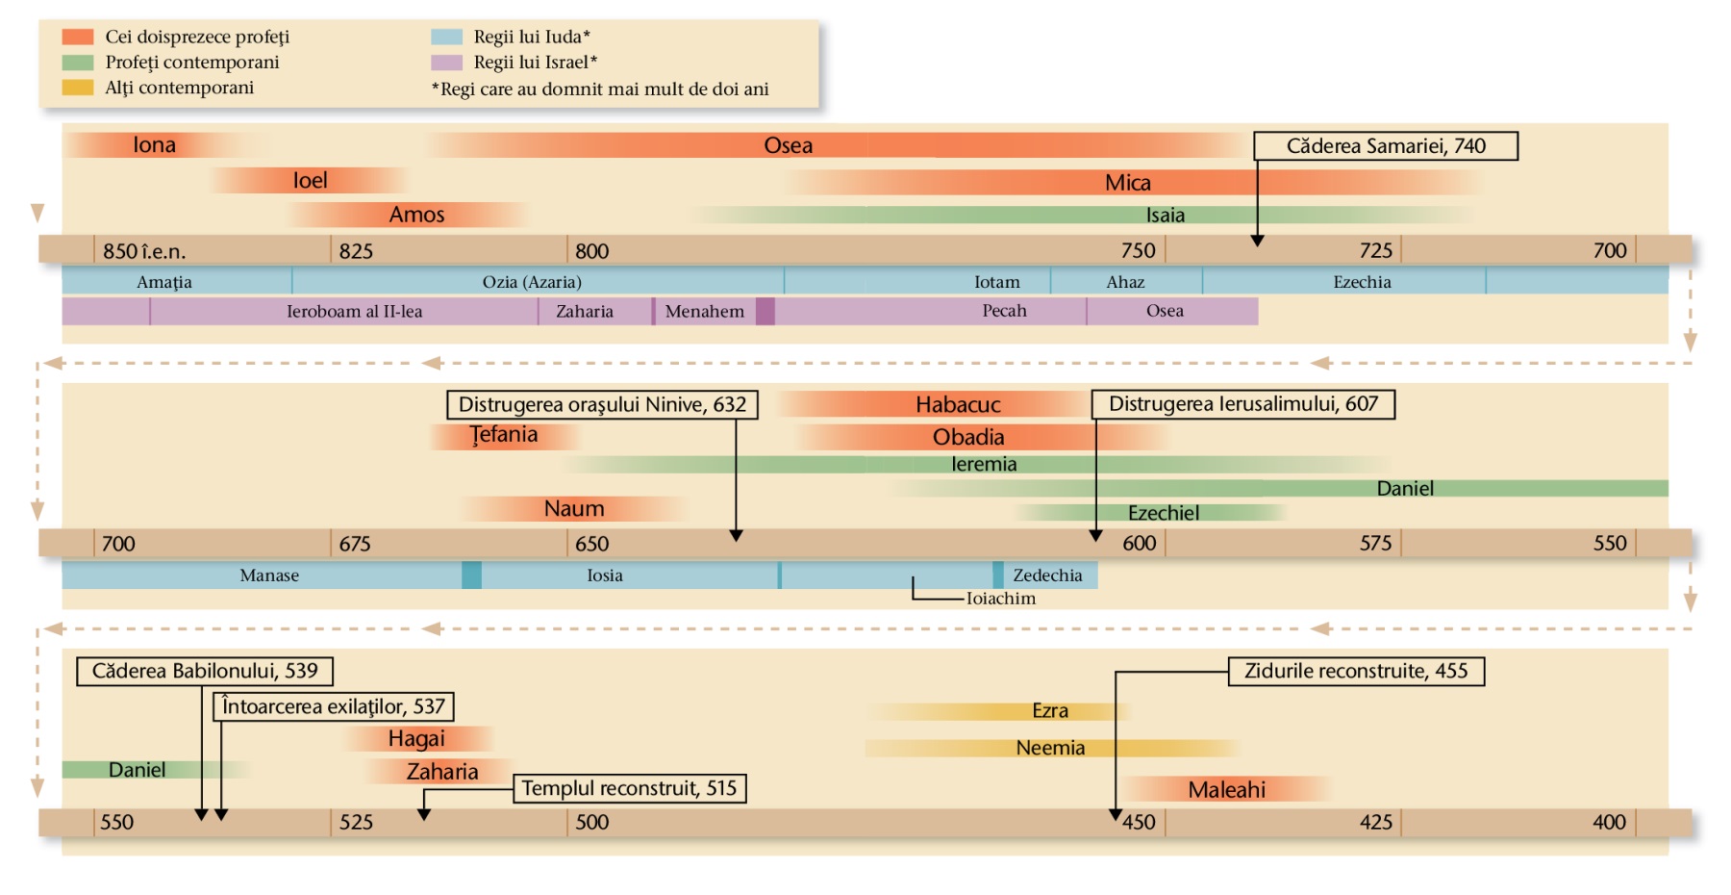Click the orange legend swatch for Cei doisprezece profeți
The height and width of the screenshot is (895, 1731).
(78, 37)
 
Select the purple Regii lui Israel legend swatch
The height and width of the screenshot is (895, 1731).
(446, 63)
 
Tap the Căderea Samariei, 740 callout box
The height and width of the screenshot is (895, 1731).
(1385, 146)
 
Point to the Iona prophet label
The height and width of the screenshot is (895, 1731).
(154, 145)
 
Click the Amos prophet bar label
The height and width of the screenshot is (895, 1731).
(416, 215)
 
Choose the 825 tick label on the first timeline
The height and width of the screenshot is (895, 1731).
(356, 251)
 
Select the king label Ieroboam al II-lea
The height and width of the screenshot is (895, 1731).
(354, 311)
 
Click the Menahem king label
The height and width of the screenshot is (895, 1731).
(704, 311)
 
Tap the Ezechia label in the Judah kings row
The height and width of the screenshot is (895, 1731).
(1362, 282)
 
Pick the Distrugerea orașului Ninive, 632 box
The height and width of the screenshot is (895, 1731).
(602, 404)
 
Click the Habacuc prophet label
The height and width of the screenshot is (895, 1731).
(958, 404)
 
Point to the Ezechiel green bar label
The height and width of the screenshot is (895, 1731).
(1164, 513)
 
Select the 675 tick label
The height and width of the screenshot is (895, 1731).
(355, 544)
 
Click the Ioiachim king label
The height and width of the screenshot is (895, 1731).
(1001, 599)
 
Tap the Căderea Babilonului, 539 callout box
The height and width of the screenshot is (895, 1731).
(204, 671)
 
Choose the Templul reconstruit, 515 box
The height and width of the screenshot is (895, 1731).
(629, 788)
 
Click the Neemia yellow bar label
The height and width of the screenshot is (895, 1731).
(1050, 748)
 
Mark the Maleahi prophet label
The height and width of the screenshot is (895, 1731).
(1226, 790)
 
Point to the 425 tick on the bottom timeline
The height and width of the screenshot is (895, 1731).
(1376, 822)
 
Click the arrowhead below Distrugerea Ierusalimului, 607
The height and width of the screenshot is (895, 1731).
(1095, 535)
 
